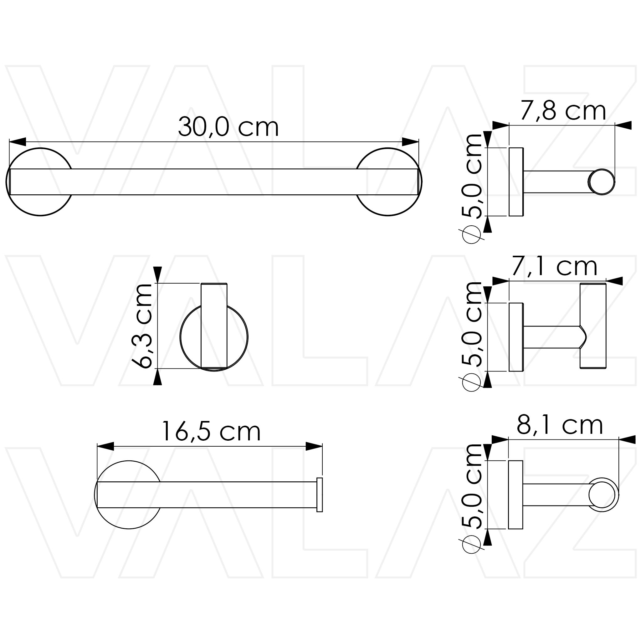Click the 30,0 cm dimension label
(x=228, y=127)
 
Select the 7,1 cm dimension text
(x=554, y=266)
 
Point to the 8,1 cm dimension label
(x=560, y=425)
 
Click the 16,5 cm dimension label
(x=211, y=432)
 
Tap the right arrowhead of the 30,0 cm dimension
(x=410, y=142)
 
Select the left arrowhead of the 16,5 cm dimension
(x=105, y=446)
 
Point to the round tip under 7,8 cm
(x=601, y=182)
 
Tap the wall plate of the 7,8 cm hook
(x=516, y=182)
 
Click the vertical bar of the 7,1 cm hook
(x=593, y=326)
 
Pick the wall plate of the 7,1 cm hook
(x=516, y=337)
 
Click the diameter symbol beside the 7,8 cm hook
(x=471, y=234)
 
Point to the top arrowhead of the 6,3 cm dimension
(x=158, y=274)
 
